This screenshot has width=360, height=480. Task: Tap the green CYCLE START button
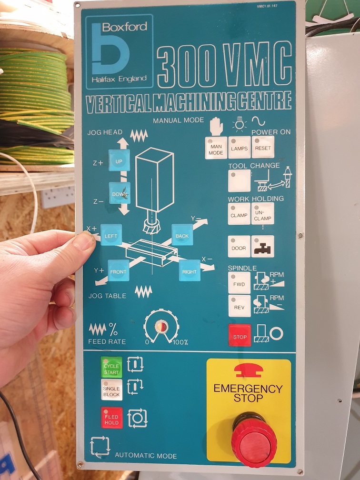pyautogui.click(x=111, y=367)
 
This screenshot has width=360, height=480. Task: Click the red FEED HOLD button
pyautogui.click(x=112, y=418)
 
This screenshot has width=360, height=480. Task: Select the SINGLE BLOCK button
pyautogui.click(x=111, y=390)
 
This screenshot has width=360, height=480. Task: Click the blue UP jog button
pyautogui.click(x=119, y=160)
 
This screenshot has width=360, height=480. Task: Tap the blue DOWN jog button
pyautogui.click(x=120, y=193)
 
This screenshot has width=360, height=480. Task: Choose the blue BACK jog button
pyautogui.click(x=182, y=235)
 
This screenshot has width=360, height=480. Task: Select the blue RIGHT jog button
pyautogui.click(x=190, y=270)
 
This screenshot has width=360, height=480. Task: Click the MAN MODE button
pyautogui.click(x=216, y=148)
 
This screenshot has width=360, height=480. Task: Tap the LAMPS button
pyautogui.click(x=240, y=148)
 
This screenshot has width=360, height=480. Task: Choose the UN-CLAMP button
pyautogui.click(x=263, y=213)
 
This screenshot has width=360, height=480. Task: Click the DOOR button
pyautogui.click(x=239, y=247)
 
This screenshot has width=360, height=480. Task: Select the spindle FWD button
pyautogui.click(x=239, y=283)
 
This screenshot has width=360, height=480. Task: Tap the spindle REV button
pyautogui.click(x=240, y=306)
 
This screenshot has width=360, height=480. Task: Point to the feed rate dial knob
pyautogui.click(x=161, y=327)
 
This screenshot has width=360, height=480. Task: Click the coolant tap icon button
pyautogui.click(x=263, y=246)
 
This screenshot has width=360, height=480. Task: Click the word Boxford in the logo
pyautogui.click(x=125, y=27)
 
